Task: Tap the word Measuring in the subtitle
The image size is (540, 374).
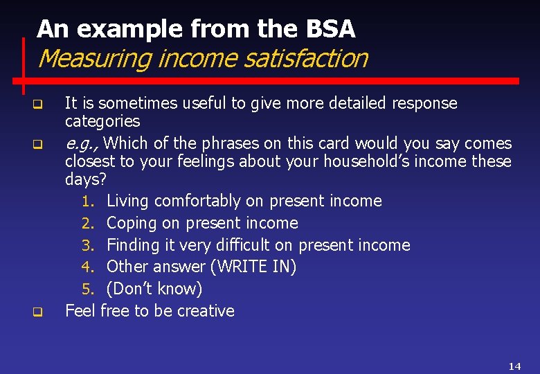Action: point(95,58)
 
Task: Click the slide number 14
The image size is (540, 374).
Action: point(514,366)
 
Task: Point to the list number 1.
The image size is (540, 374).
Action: point(87,202)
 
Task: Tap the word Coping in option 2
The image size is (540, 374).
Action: point(131,223)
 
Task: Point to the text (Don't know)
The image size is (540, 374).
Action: point(154,289)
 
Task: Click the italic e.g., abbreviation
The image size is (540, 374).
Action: point(81,144)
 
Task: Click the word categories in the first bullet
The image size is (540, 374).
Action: point(102,122)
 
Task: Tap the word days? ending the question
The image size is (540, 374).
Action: point(86,179)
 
